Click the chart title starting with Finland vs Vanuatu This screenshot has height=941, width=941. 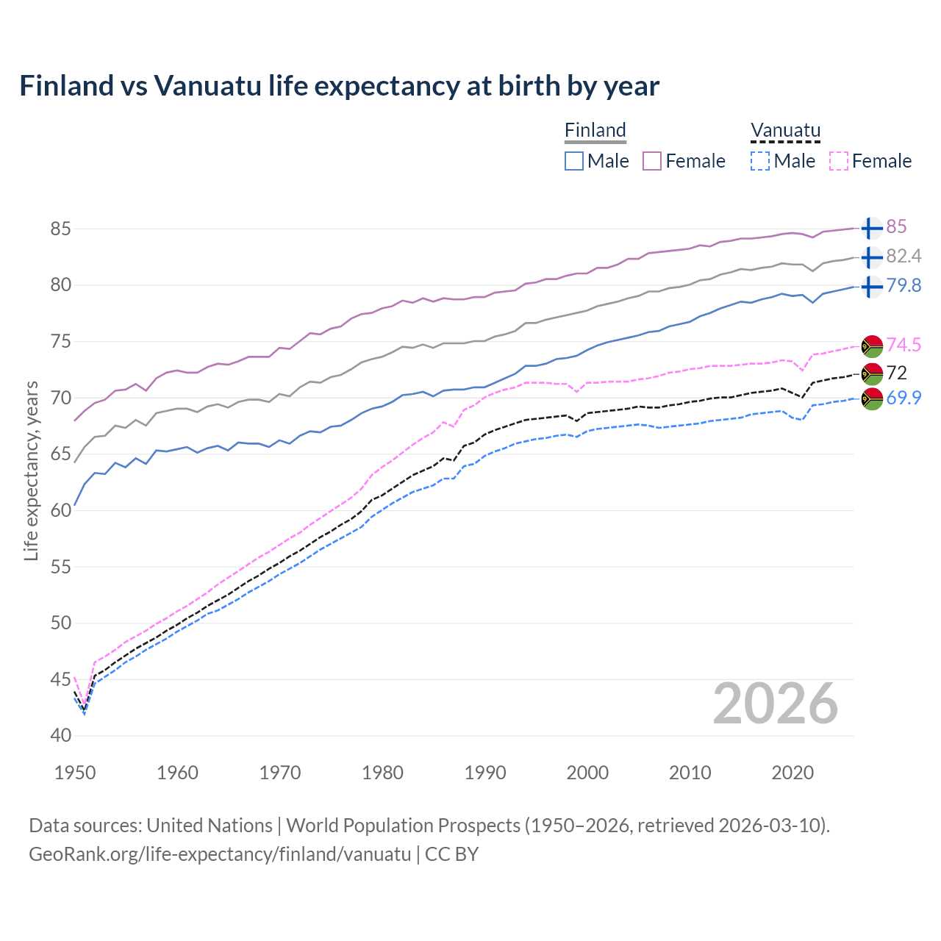coord(339,86)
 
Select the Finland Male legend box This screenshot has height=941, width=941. coord(574,161)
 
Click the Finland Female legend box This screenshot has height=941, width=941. coord(652,161)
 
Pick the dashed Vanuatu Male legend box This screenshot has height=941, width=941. coord(760,161)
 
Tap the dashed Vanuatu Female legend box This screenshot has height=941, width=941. coord(839,161)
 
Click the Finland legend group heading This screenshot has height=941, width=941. coord(595,130)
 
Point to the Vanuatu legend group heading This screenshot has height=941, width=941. coord(785,130)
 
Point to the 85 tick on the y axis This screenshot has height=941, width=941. coord(60,229)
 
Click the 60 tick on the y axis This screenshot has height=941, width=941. coord(60,510)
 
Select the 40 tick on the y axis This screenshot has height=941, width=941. coord(60,735)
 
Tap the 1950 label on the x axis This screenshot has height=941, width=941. coord(75,773)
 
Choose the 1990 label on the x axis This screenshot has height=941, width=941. coord(485,773)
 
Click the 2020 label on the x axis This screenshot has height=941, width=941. coord(792,773)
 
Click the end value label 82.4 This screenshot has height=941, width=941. coord(904,256)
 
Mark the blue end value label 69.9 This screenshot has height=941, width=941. coord(904,398)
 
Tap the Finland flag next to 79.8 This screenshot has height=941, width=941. coord(871,286)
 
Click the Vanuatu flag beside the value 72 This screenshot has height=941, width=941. coord(871,373)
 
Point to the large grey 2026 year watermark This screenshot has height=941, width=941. coord(775,704)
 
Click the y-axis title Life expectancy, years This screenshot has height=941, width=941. coord(31,470)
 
